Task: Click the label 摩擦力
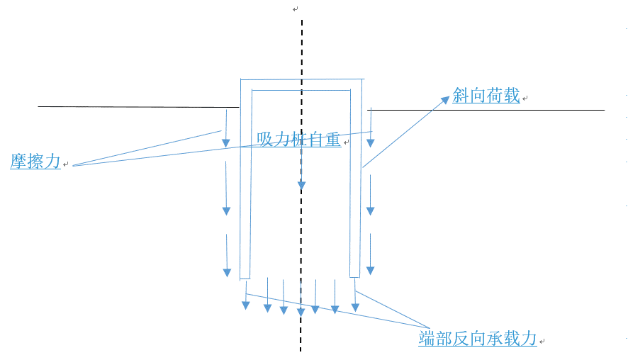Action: click(35, 162)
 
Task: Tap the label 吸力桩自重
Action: click(298, 140)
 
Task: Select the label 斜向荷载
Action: click(486, 97)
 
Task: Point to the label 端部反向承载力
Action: click(478, 339)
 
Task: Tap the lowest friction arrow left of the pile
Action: click(227, 255)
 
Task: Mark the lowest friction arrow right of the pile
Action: click(371, 255)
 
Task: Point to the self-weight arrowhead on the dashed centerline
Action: click(301, 187)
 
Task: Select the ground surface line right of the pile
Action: click(489, 110)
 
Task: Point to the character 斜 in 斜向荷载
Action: click(461, 97)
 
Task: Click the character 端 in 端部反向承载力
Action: click(427, 339)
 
